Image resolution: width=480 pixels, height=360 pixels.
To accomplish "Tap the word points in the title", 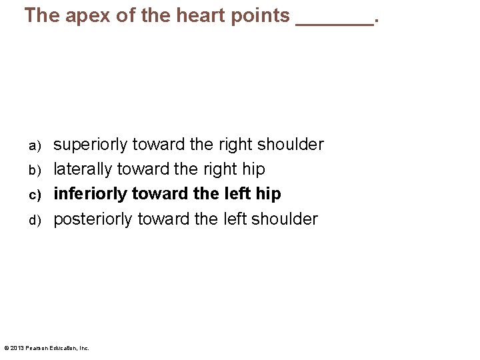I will pyautogui.click(x=257, y=16).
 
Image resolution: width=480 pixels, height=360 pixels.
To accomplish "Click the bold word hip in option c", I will pyautogui.click(x=268, y=194).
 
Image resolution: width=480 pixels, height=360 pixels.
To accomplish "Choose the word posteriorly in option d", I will pyautogui.click(x=95, y=219).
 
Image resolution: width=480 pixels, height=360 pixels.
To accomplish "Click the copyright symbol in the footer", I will pyautogui.click(x=7, y=348).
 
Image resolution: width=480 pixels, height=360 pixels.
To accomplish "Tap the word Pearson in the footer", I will pyautogui.click(x=36, y=348).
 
